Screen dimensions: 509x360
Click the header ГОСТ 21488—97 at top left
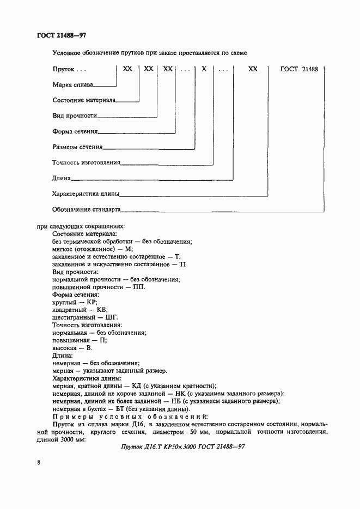54,35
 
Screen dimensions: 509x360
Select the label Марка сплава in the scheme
73,85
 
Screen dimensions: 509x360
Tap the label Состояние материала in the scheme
84,100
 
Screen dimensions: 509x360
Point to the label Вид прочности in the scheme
75,116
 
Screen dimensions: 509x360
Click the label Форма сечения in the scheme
75,131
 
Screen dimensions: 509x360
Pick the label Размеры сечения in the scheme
77,147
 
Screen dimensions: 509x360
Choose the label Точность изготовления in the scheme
86,162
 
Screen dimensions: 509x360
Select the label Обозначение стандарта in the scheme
86,209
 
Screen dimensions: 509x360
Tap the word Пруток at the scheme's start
64,70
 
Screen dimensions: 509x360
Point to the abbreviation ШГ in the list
111,317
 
